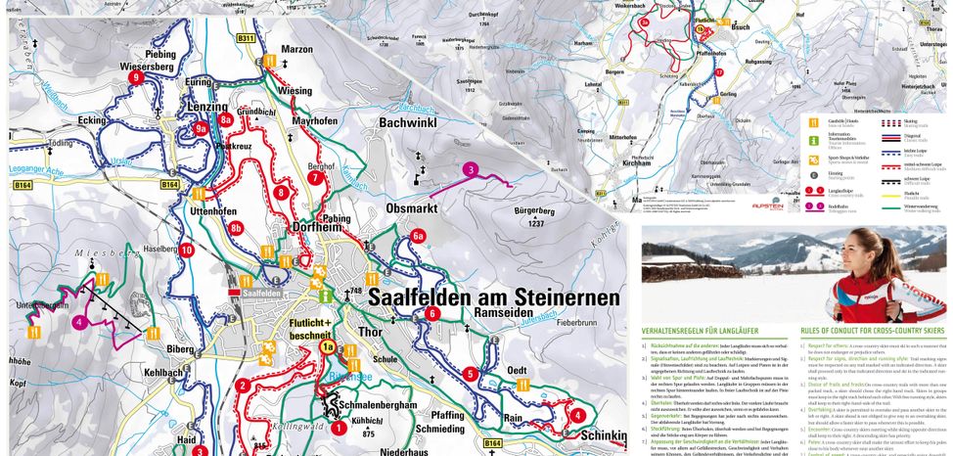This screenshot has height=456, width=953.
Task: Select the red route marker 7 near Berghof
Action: coord(315,178)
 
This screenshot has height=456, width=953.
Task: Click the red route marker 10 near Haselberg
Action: coord(186,250)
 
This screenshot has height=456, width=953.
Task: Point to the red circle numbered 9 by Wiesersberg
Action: coord(136,77)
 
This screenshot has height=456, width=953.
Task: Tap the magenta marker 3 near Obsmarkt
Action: coord(471,170)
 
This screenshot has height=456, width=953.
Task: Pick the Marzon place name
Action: coord(296,49)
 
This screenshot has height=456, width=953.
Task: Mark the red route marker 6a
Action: coord(418,236)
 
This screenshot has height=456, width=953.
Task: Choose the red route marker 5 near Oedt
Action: coord(471,373)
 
